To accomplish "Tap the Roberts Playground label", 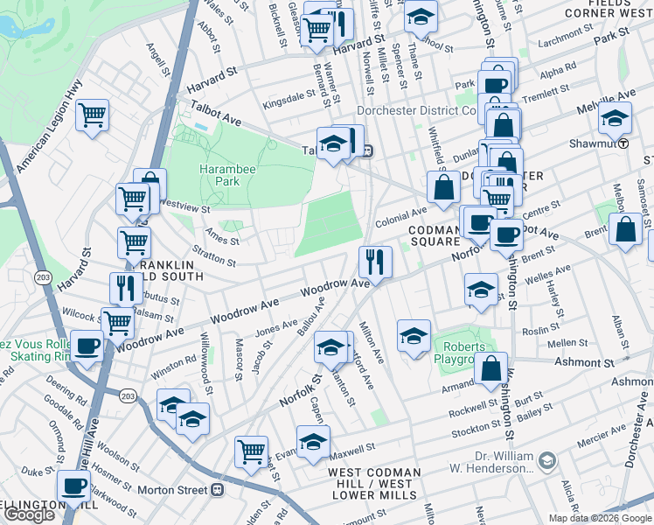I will (x=462, y=351).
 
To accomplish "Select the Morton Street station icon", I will (x=219, y=490).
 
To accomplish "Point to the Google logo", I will (x=29, y=515).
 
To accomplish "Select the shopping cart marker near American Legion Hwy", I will (x=92, y=115).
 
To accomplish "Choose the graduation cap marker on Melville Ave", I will (x=615, y=117).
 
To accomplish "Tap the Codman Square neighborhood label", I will (x=433, y=234).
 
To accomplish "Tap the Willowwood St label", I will (x=207, y=358).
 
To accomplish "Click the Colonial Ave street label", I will (x=400, y=216).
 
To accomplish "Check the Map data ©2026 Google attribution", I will (x=600, y=518).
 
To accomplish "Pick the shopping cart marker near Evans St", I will (x=251, y=452).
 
